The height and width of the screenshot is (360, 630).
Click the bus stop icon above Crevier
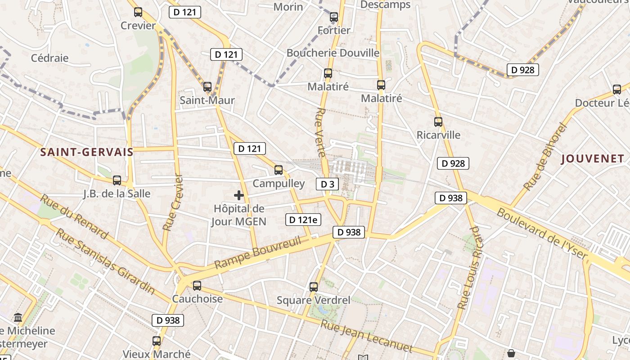click(x=138, y=13)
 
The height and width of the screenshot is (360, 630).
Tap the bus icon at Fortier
click(x=333, y=18)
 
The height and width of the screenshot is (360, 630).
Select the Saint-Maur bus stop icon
click(x=207, y=87)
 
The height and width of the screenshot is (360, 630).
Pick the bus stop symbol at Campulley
click(x=279, y=170)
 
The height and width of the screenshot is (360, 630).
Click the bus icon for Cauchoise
click(x=197, y=286)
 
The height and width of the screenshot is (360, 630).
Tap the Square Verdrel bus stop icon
click(x=314, y=287)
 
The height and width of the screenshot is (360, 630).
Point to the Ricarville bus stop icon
click(x=438, y=121)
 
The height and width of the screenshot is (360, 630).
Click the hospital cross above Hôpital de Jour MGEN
click(x=239, y=195)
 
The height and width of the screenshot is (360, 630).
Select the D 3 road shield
click(x=327, y=184)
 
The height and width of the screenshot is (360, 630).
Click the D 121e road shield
click(x=303, y=220)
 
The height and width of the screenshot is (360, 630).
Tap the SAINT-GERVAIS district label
click(x=87, y=152)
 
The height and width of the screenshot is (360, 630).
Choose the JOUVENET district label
click(x=593, y=158)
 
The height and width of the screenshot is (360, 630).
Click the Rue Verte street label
click(x=321, y=132)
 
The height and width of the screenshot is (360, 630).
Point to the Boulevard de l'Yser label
click(x=542, y=234)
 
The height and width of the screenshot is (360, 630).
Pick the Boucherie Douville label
click(x=333, y=53)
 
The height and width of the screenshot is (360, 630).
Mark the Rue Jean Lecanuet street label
click(x=366, y=336)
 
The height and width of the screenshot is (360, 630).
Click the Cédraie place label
click(x=49, y=58)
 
